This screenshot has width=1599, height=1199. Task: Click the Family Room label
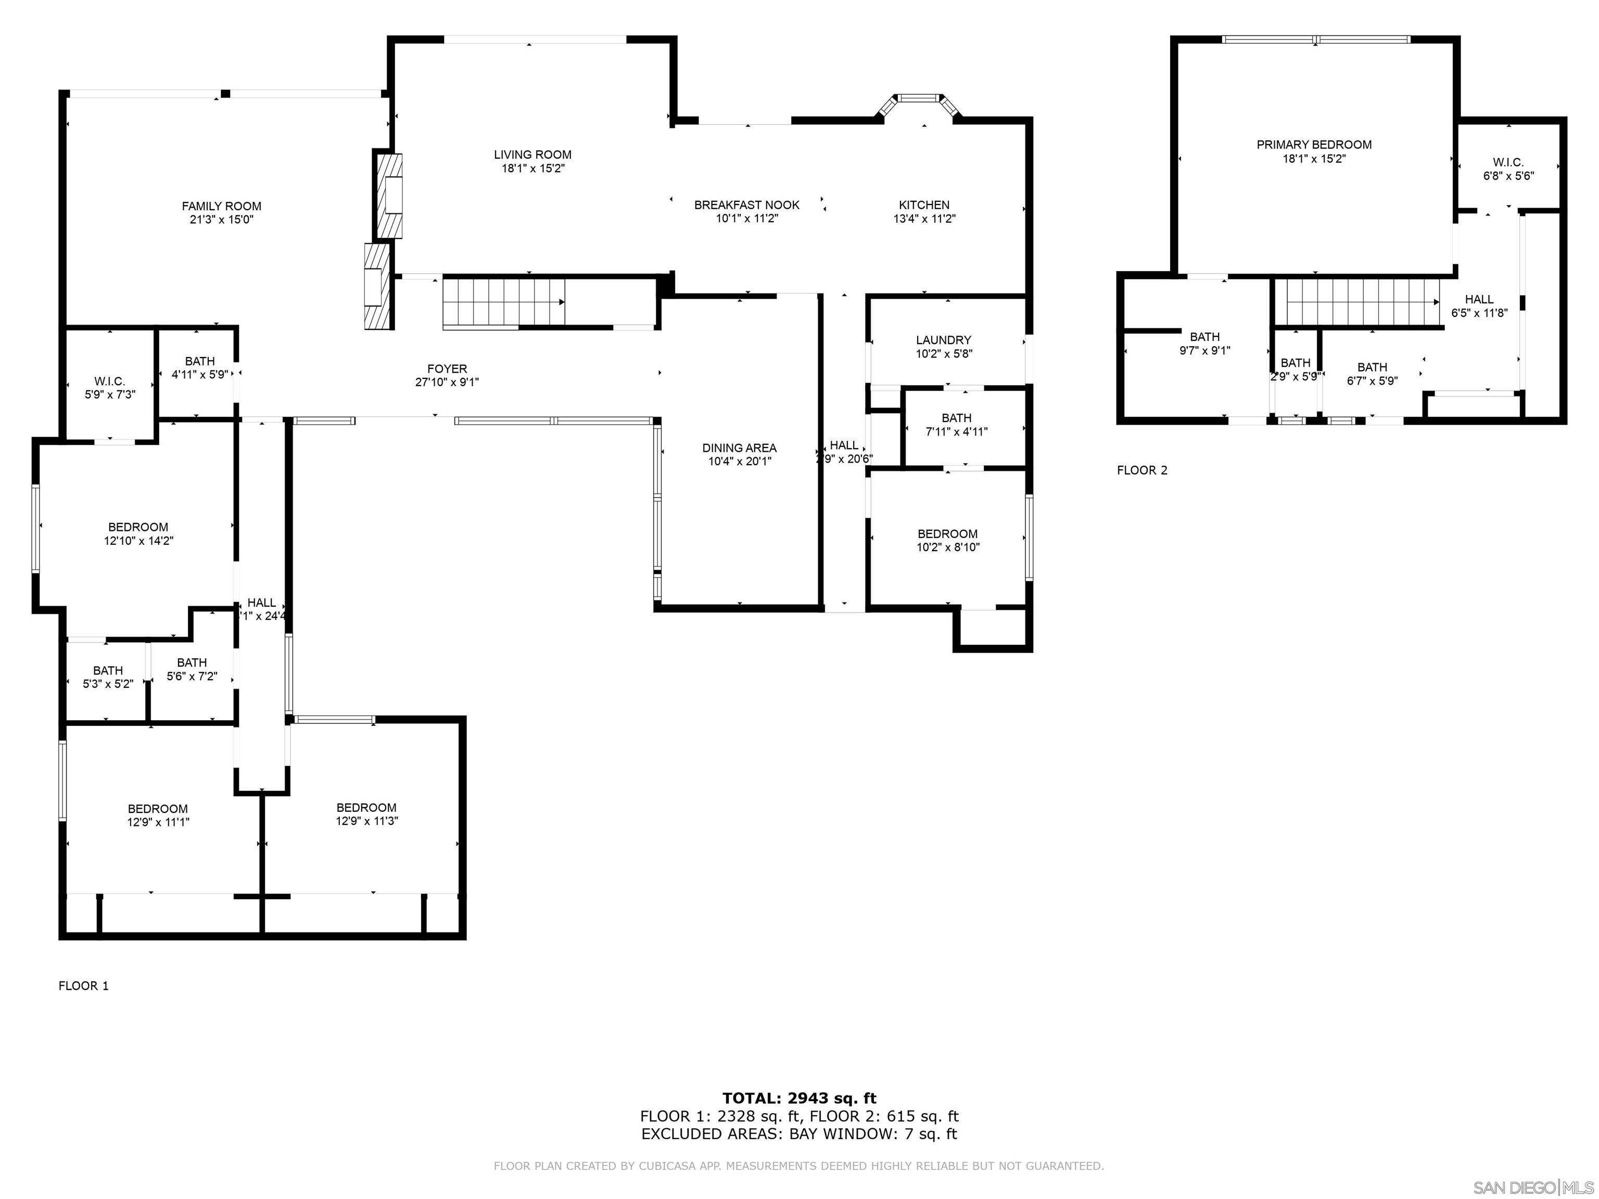point(221,207)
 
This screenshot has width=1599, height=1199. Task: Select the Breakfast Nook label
point(747,205)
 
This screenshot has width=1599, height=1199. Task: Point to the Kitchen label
point(924,205)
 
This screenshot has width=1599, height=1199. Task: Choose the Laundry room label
point(943,340)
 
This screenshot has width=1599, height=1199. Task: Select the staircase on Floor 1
point(504,303)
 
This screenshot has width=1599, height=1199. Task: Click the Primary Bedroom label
point(1313,145)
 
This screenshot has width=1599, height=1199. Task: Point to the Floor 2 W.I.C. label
point(1508,162)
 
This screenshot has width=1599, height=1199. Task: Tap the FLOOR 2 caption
point(1141,470)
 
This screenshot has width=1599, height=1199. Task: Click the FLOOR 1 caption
point(83,986)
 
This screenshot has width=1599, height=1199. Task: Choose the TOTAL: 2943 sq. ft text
point(799,1099)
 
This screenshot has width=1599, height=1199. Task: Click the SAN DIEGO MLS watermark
point(1532,1188)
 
